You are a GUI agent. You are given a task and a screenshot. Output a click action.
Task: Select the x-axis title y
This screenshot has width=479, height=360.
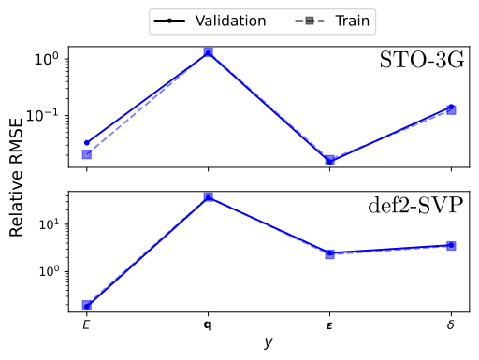269,343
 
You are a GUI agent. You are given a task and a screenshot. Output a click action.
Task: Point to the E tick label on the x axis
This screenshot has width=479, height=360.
87,325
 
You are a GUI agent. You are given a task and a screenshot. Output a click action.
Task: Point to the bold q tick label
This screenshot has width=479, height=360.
208,326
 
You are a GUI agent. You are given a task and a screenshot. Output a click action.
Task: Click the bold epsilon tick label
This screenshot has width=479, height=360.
329,325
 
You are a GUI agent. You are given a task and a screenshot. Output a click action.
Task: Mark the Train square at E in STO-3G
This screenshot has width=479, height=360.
87,154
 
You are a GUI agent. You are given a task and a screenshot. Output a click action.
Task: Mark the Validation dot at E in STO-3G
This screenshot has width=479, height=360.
87,142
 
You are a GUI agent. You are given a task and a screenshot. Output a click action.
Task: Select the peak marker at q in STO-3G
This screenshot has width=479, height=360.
208,53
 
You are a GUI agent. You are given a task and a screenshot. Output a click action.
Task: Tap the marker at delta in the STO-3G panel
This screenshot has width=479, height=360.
451,108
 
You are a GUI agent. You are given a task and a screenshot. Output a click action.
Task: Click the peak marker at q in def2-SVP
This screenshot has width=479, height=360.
208,197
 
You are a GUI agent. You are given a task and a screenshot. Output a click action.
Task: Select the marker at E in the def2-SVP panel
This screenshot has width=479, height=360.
87,306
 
